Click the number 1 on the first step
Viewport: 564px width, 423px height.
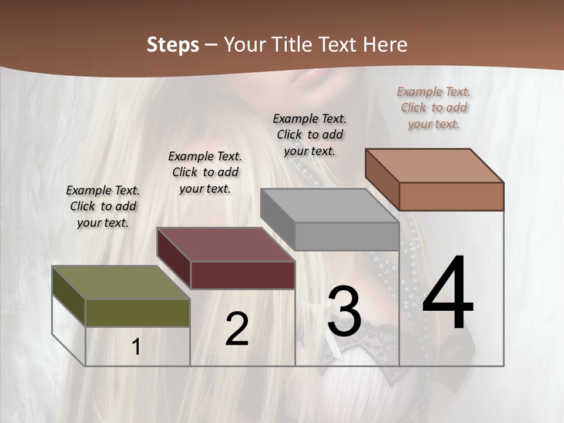(x=136, y=347)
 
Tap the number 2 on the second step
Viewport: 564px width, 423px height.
(x=237, y=328)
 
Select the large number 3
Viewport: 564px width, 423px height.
(x=344, y=311)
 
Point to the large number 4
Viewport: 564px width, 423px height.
(x=448, y=293)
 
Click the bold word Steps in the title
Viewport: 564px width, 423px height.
(x=173, y=45)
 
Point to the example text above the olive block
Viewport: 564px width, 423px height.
(x=103, y=206)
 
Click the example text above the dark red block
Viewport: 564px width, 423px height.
(x=205, y=172)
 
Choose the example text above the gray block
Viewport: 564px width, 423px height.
(x=310, y=135)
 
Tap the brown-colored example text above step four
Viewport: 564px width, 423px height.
(x=434, y=108)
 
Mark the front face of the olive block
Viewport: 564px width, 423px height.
(x=137, y=313)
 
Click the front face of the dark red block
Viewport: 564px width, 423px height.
(x=243, y=275)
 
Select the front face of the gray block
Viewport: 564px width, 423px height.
(x=347, y=236)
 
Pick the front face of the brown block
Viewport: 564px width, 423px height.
(x=451, y=196)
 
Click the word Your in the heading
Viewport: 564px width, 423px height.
(x=245, y=45)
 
